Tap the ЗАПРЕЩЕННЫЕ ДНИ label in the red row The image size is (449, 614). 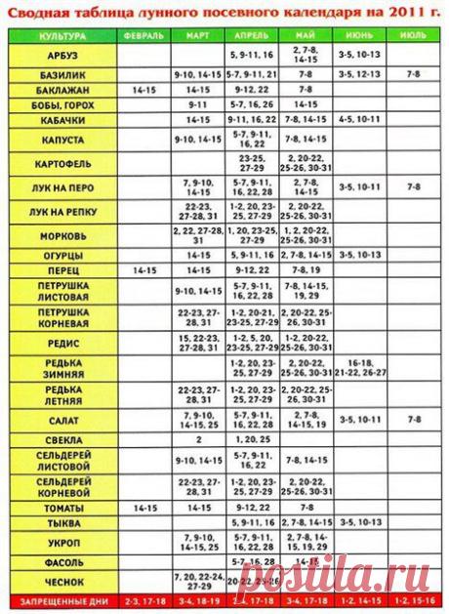[x=61, y=598]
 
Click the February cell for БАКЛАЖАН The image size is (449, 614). [x=143, y=89]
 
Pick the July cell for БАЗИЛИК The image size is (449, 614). [x=413, y=73]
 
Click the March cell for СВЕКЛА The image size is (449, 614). [x=198, y=439]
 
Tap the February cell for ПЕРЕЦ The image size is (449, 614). [x=143, y=268]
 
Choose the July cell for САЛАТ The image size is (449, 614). [x=413, y=419]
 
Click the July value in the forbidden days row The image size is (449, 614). [x=413, y=598]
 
